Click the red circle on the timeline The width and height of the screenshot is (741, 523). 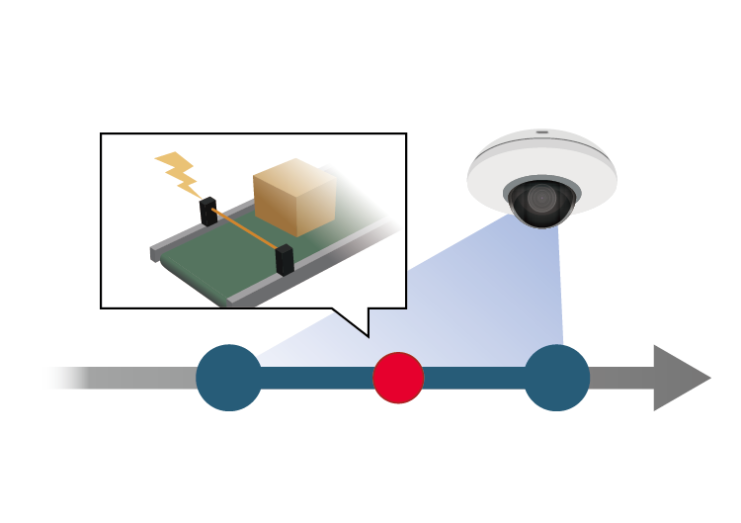(398, 378)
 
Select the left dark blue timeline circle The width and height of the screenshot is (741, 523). (229, 378)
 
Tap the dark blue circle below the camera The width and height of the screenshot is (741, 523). (556, 378)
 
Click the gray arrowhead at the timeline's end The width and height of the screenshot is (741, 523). (678, 378)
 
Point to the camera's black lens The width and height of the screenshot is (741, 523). (540, 201)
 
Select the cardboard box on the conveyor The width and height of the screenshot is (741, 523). (293, 201)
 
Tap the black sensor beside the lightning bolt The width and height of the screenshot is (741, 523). (208, 212)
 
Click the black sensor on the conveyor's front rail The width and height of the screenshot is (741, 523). (285, 259)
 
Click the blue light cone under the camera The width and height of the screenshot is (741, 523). (474, 297)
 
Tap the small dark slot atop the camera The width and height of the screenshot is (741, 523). (541, 131)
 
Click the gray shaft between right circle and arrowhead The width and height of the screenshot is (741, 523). (620, 378)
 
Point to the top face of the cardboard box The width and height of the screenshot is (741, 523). (293, 174)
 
